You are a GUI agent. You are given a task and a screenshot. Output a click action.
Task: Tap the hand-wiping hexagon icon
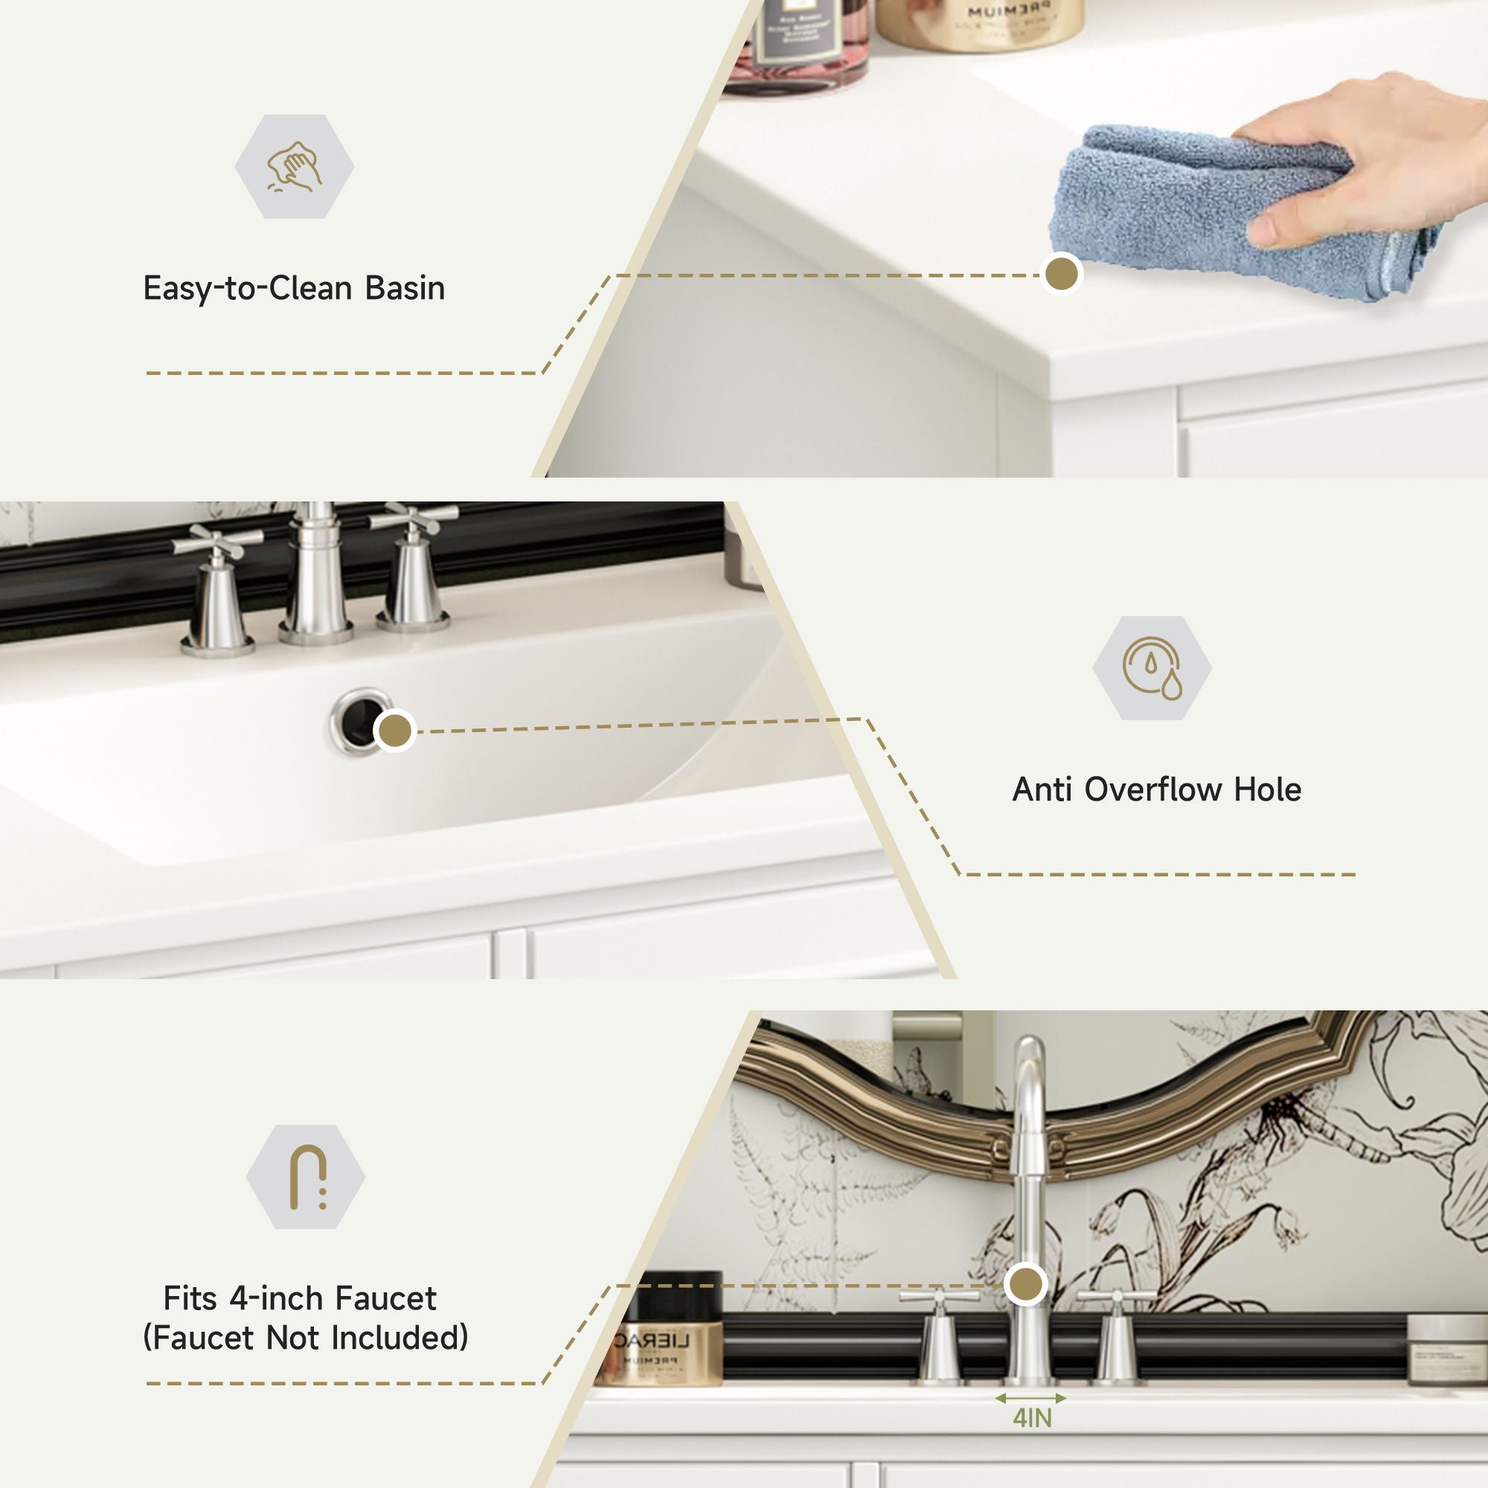[x=294, y=167]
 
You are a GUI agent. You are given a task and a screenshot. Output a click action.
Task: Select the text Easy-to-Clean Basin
[x=294, y=289]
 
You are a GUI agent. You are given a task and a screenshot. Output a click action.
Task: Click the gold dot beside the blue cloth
[x=1062, y=273]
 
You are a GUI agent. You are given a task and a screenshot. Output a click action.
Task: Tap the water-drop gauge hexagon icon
[x=1152, y=668]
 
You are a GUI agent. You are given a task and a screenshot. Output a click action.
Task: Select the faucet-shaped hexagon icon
[x=306, y=1177]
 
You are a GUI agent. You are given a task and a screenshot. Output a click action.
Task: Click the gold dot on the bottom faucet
[x=1026, y=1284]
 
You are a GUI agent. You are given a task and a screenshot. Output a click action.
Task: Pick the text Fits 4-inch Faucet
[x=300, y=1298]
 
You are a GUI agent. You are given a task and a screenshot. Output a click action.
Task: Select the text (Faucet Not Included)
[x=306, y=1338]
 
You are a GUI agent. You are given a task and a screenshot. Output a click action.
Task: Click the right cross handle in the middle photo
[x=414, y=519]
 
